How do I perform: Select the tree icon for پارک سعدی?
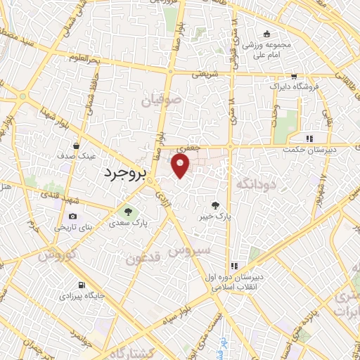pos(128,210)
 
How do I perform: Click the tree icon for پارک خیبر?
pos(214,205)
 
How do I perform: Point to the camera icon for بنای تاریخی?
pos(72,217)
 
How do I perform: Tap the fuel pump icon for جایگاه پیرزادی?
pos(82,285)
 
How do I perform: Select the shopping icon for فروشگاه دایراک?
pos(293,76)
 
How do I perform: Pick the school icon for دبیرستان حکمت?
pos(309,139)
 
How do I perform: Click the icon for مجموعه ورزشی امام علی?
pos(266,34)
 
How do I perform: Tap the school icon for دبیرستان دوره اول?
pos(234,266)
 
